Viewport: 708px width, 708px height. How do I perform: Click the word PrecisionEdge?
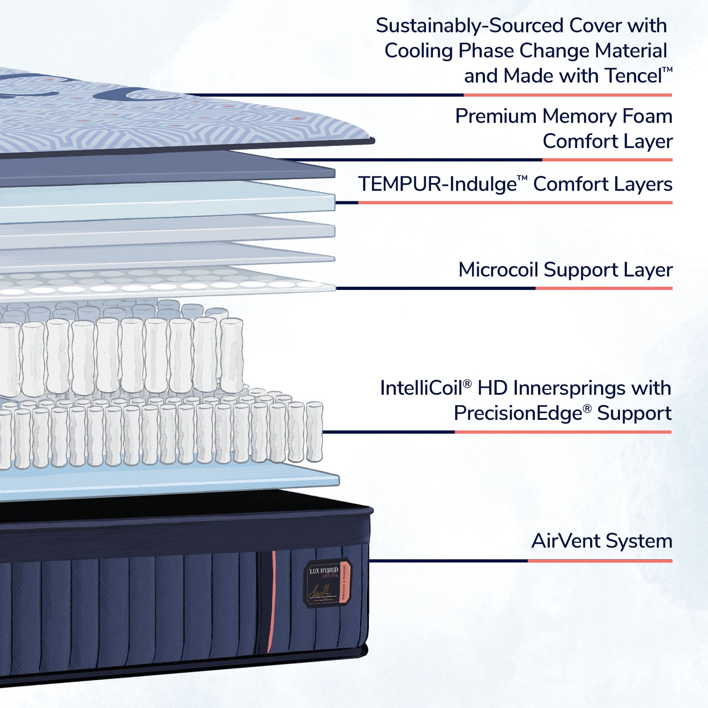coord(518,413)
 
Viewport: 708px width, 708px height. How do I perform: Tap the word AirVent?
coord(565,541)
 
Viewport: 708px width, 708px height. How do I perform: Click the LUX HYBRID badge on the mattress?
coord(327,582)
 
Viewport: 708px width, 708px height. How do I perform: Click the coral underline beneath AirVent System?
coord(600,561)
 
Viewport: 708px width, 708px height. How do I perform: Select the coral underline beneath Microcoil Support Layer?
coord(604,289)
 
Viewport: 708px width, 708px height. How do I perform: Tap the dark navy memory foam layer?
coord(165,168)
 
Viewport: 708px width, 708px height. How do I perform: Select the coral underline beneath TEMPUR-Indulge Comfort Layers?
coord(515,203)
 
